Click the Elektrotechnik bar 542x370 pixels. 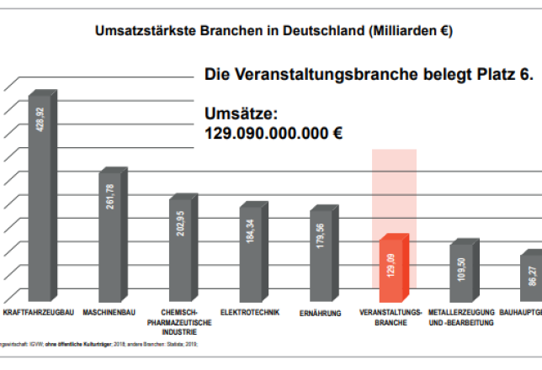(x=252, y=255)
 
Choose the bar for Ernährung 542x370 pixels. (x=322, y=256)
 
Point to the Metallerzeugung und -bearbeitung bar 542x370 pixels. (x=463, y=273)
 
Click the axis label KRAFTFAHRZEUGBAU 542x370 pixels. (x=35, y=314)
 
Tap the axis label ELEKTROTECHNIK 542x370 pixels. (x=250, y=314)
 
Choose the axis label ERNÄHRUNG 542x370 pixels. (x=321, y=314)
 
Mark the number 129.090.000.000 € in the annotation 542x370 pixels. (x=274, y=132)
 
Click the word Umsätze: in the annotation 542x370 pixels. (x=241, y=111)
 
